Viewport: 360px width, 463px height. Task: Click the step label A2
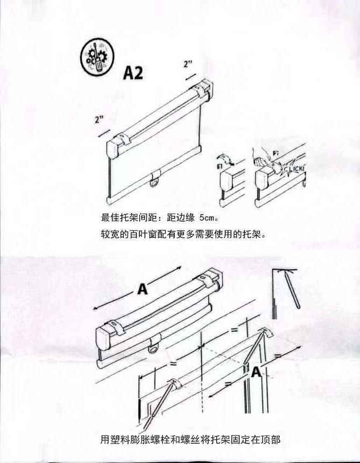point(133,73)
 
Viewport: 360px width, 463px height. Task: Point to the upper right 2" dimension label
point(188,65)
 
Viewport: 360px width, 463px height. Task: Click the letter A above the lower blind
point(142,290)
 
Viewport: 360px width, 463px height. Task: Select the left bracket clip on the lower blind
point(118,327)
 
